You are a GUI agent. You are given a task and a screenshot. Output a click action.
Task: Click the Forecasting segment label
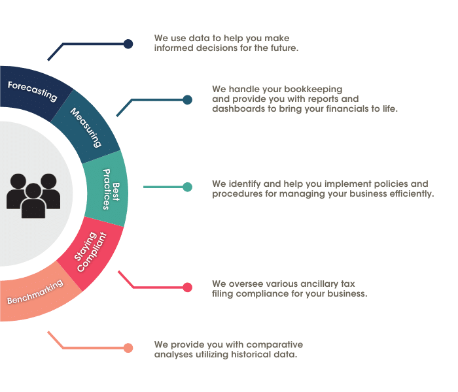33,91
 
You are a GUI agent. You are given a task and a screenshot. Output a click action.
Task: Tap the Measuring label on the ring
86,127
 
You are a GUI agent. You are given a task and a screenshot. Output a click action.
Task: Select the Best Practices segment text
111,189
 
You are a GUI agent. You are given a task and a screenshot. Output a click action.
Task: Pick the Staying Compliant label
90,252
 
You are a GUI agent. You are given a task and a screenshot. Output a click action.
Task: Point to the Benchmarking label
35,292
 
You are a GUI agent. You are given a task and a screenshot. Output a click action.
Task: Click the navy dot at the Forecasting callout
128,44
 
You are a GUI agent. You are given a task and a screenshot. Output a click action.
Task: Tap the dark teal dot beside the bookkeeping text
188,100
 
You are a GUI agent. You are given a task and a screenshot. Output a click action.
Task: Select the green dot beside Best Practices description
188,187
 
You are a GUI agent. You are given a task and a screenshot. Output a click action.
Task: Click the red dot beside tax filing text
188,287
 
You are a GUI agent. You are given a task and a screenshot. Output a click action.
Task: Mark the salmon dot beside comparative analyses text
128,348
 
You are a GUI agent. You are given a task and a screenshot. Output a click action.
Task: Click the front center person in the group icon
33,201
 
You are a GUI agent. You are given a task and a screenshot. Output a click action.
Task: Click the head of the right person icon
48,181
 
